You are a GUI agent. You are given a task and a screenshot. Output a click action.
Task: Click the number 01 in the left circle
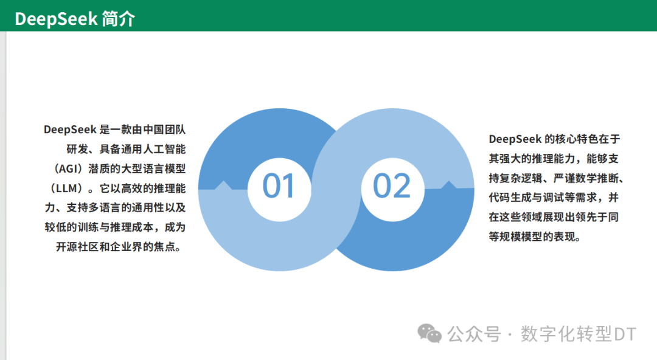pyautogui.click(x=279, y=186)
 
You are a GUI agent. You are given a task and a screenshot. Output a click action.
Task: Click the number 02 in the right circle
pyautogui.click(x=391, y=186)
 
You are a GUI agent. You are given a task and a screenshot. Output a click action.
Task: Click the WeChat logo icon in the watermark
pyautogui.click(x=429, y=333)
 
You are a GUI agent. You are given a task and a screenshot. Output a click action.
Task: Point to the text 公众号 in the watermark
pyautogui.click(x=474, y=334)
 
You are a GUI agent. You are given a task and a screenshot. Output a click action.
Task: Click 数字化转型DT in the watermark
pyautogui.click(x=578, y=334)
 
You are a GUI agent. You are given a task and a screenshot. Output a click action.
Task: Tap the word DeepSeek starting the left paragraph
pyautogui.click(x=70, y=130)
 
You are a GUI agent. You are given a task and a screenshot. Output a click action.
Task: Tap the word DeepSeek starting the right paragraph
pyautogui.click(x=515, y=139)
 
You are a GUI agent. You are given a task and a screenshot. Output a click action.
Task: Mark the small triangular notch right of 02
pyautogui.click(x=450, y=184)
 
